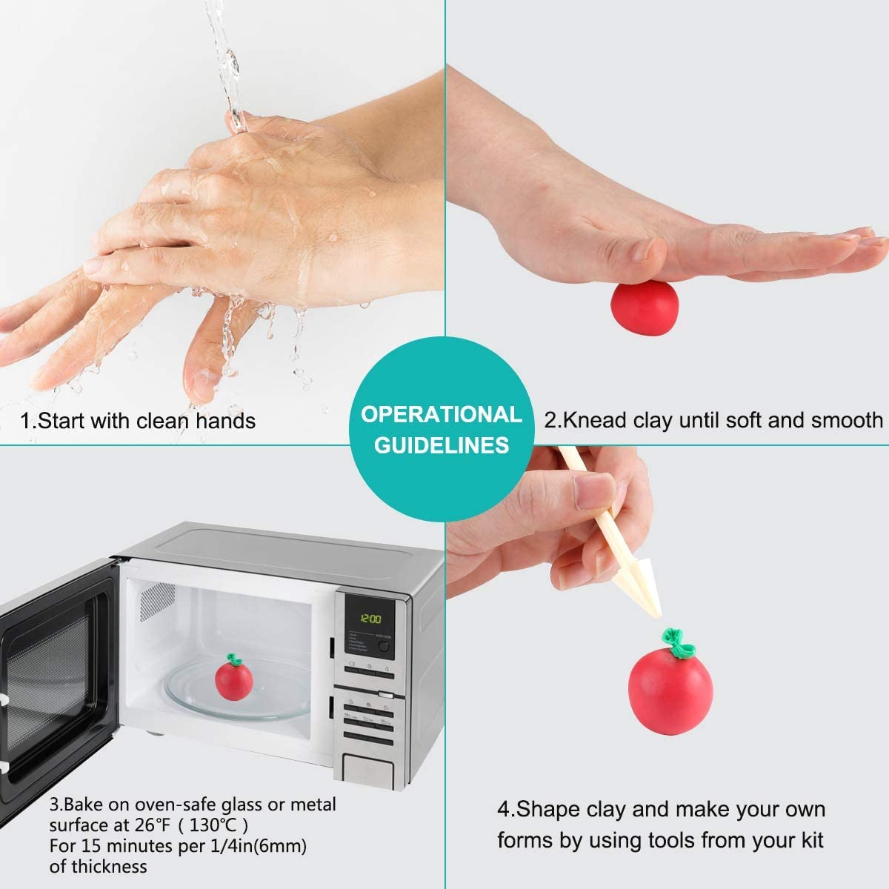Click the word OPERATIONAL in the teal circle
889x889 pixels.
442,414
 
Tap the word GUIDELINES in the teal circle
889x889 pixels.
442,446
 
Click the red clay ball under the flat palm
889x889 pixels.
645,307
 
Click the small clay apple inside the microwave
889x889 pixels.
234,678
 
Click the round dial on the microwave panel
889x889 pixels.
383,646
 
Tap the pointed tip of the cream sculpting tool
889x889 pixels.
659,617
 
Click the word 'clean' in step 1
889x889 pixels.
163,421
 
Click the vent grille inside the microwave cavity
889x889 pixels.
157,601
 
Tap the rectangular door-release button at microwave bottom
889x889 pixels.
367,768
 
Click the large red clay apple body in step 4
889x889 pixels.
670,691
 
